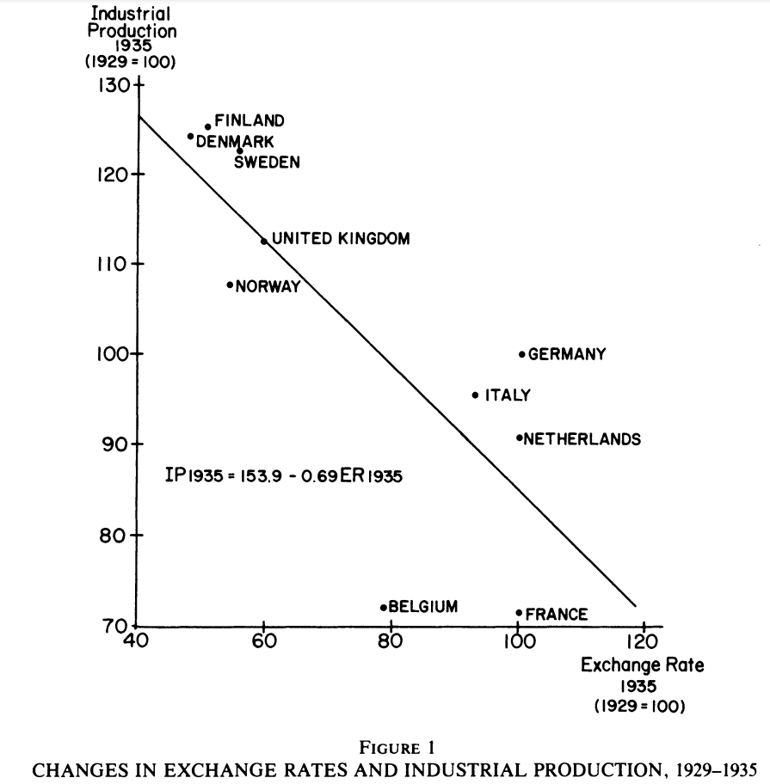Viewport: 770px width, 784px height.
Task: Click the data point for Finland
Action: point(207,127)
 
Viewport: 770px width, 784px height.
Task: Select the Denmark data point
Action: point(190,136)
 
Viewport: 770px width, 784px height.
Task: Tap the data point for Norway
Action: point(230,285)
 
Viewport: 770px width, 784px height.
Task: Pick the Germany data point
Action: point(521,354)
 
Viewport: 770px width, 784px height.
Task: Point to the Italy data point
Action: point(475,395)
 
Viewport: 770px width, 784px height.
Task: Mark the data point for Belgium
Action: point(384,607)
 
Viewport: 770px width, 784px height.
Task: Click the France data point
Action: point(519,613)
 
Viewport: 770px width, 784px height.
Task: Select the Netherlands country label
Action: point(582,439)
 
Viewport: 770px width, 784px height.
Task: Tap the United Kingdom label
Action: point(341,239)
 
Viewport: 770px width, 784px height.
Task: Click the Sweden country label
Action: point(267,162)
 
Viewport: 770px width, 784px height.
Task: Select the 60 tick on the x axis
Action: point(263,626)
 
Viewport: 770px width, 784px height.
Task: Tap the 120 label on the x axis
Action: point(641,641)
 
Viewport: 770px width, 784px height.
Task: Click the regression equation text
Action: point(283,475)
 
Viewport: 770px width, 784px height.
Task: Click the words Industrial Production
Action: point(131,23)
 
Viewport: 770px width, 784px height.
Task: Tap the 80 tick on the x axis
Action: point(391,626)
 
